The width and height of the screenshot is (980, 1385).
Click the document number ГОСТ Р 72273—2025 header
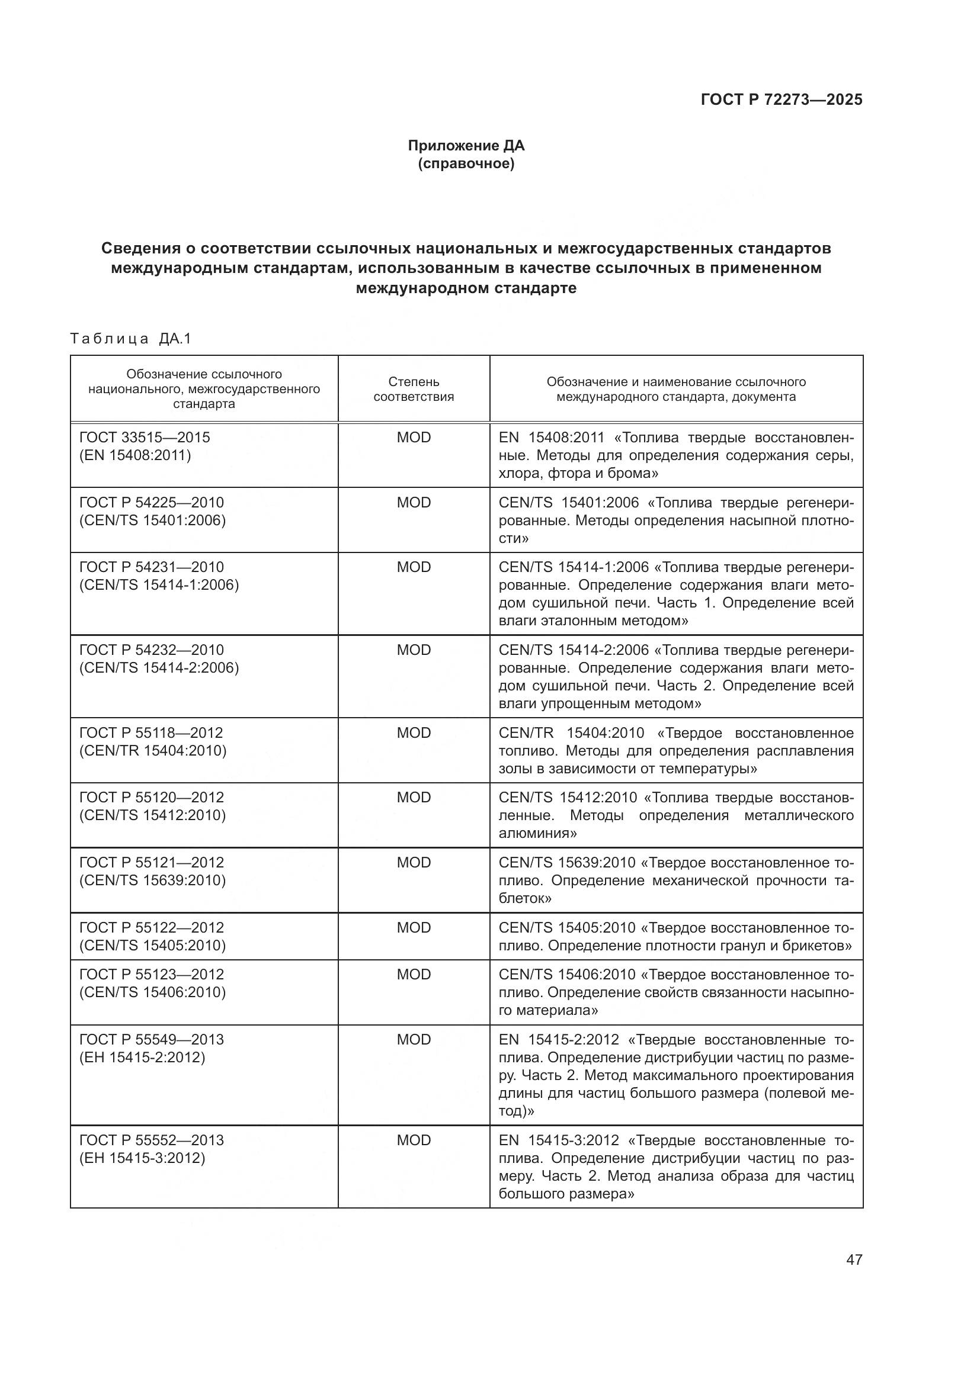click(x=781, y=99)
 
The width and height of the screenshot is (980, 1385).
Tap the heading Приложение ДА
click(x=466, y=146)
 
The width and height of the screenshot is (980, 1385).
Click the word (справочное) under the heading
click(x=466, y=163)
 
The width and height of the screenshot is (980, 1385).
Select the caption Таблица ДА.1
click(x=130, y=339)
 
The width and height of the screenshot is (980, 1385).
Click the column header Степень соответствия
click(x=414, y=389)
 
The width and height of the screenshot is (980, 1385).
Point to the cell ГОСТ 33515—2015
click(x=145, y=438)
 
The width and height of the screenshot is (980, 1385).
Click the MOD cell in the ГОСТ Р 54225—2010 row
click(x=414, y=503)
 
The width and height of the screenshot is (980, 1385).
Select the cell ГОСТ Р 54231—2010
click(x=152, y=567)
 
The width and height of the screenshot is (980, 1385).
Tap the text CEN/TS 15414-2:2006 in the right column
click(x=574, y=650)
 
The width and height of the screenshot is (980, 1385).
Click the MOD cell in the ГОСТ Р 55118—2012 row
click(x=414, y=733)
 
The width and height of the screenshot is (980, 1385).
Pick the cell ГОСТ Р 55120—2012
click(x=152, y=798)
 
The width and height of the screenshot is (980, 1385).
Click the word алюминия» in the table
click(x=537, y=833)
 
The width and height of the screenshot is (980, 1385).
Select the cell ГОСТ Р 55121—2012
click(x=152, y=863)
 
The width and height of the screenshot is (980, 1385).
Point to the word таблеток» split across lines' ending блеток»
click(x=525, y=898)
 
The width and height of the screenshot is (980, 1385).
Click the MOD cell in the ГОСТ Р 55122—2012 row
click(x=414, y=927)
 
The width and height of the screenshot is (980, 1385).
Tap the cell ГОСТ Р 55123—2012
click(x=152, y=974)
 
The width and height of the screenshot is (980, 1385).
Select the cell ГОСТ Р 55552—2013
click(x=152, y=1140)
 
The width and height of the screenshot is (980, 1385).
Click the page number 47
click(x=854, y=1259)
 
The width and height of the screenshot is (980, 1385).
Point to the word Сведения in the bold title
click(x=140, y=248)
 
